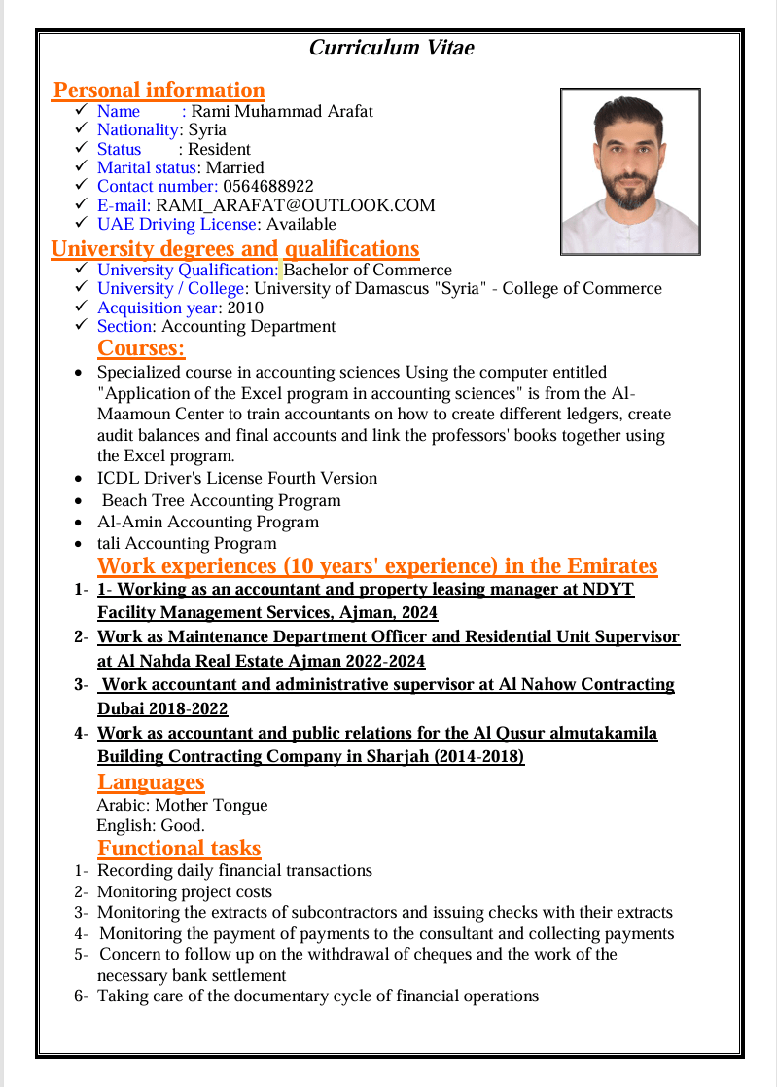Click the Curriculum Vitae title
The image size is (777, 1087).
[x=391, y=47]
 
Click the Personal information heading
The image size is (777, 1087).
[x=159, y=91]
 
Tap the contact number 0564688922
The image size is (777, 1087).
[x=268, y=186]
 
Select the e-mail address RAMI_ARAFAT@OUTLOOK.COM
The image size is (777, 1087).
[x=296, y=205]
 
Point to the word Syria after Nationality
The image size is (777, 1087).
[x=207, y=129]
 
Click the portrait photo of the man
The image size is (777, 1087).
[x=629, y=171]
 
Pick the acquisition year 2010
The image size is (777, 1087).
[x=245, y=307]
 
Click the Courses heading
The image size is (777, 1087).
[x=141, y=348]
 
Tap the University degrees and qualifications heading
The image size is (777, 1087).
[x=235, y=249]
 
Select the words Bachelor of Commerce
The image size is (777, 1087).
[x=368, y=270]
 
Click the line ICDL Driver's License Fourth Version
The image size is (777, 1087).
[x=237, y=478]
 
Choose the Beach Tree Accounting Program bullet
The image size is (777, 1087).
[x=221, y=500]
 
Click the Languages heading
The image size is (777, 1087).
[x=151, y=782]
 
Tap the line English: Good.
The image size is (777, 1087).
[x=151, y=826]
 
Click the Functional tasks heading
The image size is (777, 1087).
[x=179, y=849]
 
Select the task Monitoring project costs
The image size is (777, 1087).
[x=185, y=891]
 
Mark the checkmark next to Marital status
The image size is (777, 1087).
[x=82, y=167]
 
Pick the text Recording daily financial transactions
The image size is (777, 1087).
[x=234, y=870]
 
